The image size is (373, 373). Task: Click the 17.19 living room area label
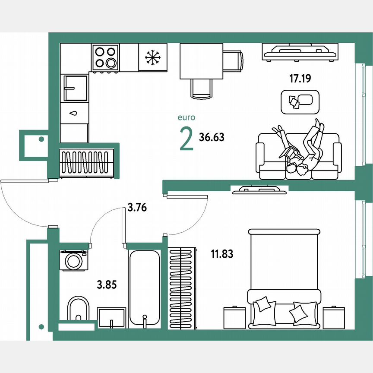300,79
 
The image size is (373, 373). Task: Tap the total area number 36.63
212,137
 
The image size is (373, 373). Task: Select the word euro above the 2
186,117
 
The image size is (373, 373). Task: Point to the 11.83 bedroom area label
222,254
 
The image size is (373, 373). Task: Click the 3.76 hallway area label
137,208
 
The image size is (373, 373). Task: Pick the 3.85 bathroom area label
107,284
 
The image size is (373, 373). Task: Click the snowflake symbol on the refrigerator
152,58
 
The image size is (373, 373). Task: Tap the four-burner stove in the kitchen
105,57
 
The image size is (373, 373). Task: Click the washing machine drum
73,261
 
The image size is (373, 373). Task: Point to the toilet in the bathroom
78,309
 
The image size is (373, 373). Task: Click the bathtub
145,287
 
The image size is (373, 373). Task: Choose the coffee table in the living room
300,102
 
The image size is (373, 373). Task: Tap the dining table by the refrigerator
201,61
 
